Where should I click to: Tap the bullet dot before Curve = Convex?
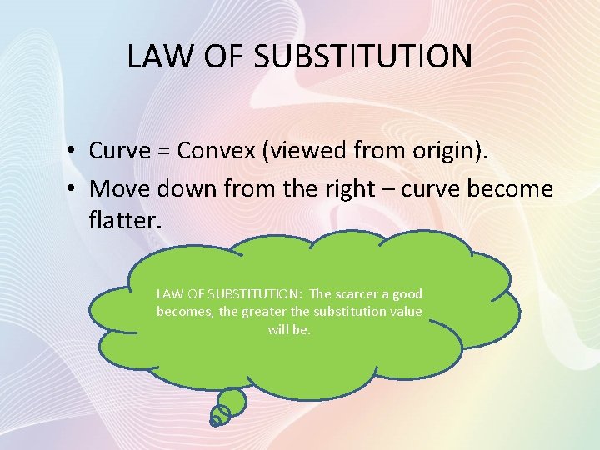coord(74,152)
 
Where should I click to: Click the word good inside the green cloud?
coord(407,294)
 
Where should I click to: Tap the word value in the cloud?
coord(403,312)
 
